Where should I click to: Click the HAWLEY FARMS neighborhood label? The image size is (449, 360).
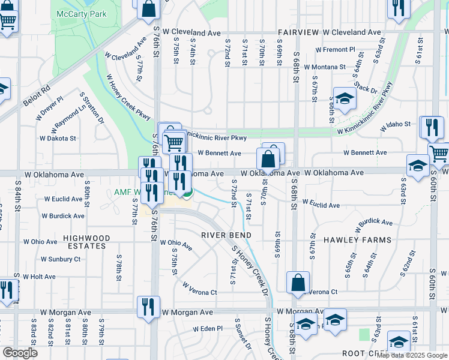click(x=357, y=240)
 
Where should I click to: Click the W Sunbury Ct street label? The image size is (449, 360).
click(x=60, y=259)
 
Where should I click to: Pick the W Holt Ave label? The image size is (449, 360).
click(x=40, y=277)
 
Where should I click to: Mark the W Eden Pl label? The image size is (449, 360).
click(x=208, y=329)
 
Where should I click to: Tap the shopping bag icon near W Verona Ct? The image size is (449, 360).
click(x=298, y=282)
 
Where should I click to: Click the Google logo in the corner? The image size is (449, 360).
click(x=20, y=353)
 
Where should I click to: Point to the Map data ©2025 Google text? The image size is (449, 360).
click(x=412, y=355)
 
